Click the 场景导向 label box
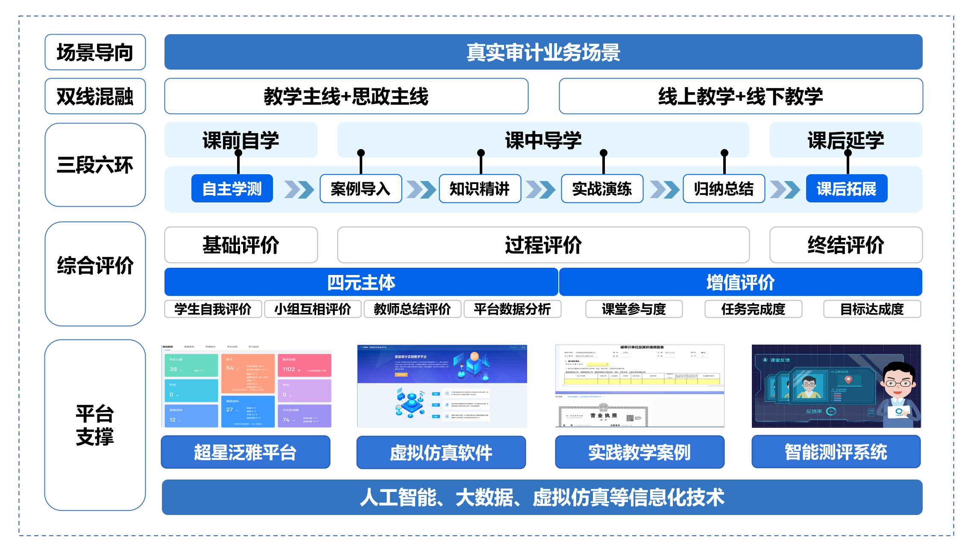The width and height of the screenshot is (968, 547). tap(95, 52)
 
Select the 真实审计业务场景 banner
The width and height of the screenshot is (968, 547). tap(543, 52)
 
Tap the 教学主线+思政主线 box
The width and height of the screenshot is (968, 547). tap(346, 96)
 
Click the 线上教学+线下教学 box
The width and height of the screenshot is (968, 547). tap(740, 96)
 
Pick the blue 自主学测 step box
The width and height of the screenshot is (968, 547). tap(232, 188)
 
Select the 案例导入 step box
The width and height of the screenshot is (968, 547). tap(361, 188)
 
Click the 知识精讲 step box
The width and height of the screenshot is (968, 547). tap(480, 188)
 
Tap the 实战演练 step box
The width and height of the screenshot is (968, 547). tap(602, 188)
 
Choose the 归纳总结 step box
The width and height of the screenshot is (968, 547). tap(724, 188)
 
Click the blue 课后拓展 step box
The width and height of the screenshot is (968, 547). tap(846, 188)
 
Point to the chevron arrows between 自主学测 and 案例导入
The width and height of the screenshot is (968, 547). tap(299, 189)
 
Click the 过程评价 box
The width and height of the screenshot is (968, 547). tap(543, 245)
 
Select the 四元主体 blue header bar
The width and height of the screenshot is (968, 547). tap(361, 282)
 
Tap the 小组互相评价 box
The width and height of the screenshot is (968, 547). tap(313, 309)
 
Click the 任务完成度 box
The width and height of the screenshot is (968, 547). tap(753, 309)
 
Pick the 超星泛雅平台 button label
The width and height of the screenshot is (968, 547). tap(245, 452)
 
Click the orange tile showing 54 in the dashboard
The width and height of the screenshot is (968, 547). tap(248, 373)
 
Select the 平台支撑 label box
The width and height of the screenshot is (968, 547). tap(95, 425)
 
